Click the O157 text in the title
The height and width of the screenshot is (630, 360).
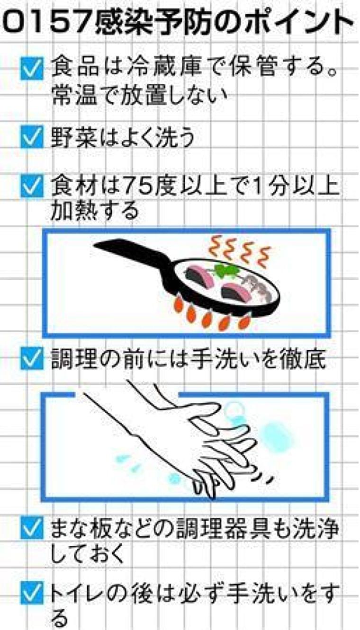coord(48,22)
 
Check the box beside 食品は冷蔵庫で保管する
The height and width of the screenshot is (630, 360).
coord(32,68)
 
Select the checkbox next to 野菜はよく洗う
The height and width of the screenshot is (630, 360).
coord(32,137)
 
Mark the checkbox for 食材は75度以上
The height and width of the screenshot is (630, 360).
coord(32,186)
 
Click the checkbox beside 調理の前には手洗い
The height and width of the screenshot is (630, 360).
coord(32,358)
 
